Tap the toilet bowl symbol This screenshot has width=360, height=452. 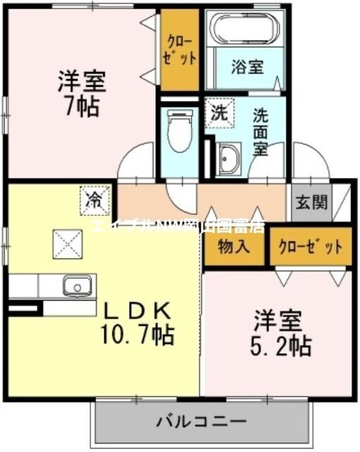(x=180, y=131)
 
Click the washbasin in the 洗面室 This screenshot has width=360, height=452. (x=229, y=159)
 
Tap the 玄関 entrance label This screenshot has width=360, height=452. (x=311, y=203)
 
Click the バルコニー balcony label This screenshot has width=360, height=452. (x=200, y=422)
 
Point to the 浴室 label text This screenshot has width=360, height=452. (x=247, y=67)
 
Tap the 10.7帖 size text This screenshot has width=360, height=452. (x=138, y=333)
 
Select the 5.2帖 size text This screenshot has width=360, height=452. (x=281, y=346)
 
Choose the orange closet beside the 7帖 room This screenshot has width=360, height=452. (x=179, y=49)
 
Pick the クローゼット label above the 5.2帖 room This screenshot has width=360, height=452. (x=311, y=247)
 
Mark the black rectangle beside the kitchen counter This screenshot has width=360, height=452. (x=24, y=309)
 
